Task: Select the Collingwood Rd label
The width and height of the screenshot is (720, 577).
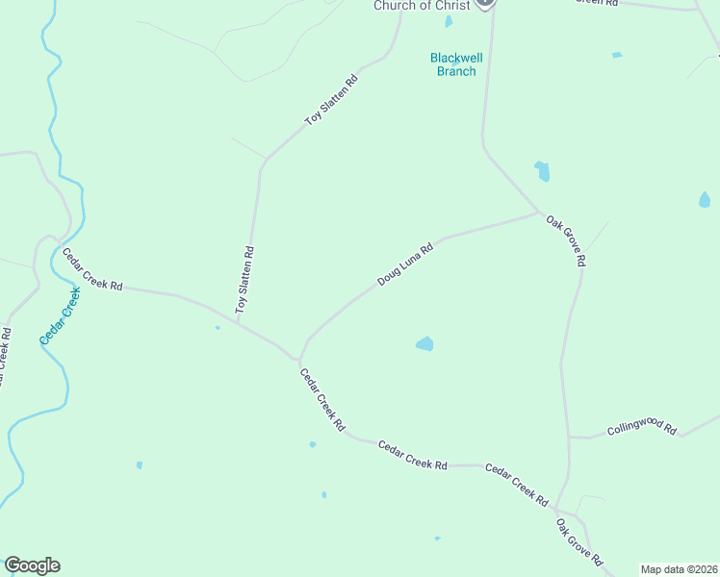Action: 642,427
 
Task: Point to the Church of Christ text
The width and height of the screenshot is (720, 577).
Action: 422,6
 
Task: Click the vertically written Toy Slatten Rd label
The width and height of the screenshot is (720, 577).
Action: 245,280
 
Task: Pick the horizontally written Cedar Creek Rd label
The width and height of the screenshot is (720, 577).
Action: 412,455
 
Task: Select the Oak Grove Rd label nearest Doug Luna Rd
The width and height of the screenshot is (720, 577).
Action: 566,240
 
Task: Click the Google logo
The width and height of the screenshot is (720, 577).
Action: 32,565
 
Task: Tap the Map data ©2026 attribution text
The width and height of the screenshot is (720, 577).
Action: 678,569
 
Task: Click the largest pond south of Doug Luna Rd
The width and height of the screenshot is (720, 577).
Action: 424,343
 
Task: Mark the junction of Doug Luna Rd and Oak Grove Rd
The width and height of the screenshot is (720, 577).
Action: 538,213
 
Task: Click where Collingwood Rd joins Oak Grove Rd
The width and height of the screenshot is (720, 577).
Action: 569,438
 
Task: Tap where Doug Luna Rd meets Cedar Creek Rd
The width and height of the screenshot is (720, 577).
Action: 299,356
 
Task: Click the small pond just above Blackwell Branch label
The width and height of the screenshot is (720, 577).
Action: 449,21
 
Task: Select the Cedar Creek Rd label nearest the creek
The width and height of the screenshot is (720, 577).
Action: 93,270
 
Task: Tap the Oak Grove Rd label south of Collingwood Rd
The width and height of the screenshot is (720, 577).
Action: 579,542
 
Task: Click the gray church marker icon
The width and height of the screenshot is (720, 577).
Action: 485,3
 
